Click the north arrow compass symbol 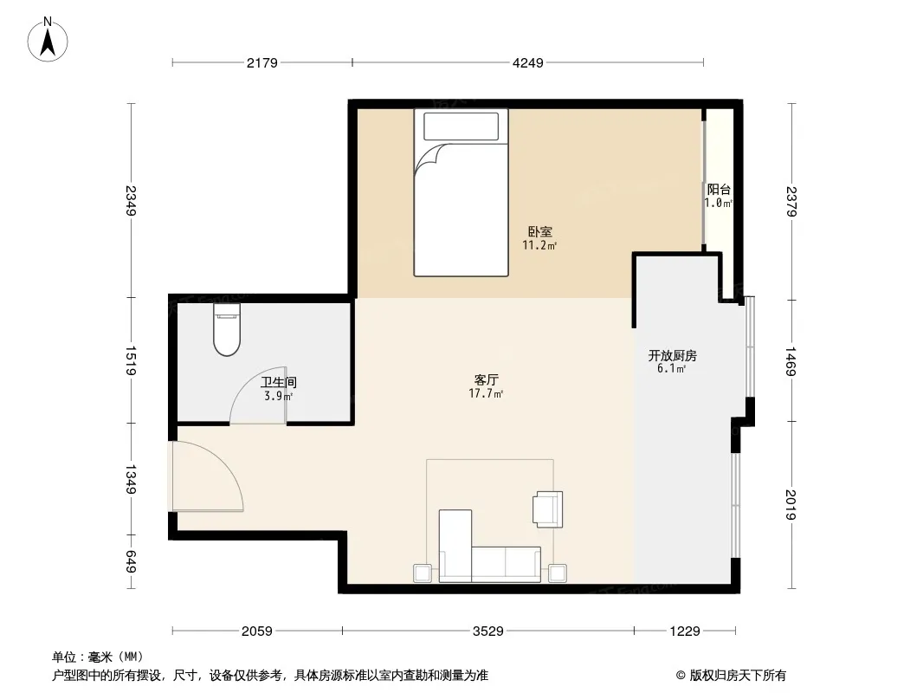(x=48, y=39)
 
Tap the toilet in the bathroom (x=227, y=329)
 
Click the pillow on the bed (x=461, y=126)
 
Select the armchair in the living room (x=548, y=509)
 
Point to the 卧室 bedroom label (x=539, y=232)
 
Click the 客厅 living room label (x=487, y=379)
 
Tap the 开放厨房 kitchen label (x=672, y=356)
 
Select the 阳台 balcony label (x=719, y=190)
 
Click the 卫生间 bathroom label (x=279, y=382)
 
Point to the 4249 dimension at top (x=528, y=62)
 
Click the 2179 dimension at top (x=262, y=62)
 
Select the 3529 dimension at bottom (x=488, y=631)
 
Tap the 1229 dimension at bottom (x=685, y=631)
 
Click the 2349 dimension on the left (x=131, y=201)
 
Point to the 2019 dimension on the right (x=791, y=504)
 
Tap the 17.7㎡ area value (x=486, y=393)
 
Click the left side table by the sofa (x=422, y=573)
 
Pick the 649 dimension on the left (x=131, y=561)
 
